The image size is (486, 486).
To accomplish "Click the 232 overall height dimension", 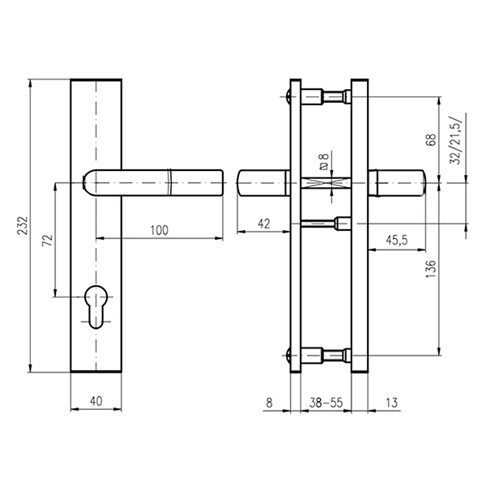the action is [24, 225].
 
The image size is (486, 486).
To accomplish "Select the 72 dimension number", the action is [48, 241].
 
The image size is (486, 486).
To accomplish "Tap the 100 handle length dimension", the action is [160, 230].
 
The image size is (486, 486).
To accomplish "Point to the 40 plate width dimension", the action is [96, 401].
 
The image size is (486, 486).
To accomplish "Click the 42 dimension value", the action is [264, 224].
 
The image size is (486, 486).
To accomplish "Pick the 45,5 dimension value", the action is [397, 240].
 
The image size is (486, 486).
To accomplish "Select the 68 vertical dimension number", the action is [431, 139].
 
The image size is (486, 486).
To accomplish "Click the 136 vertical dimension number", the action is [431, 268].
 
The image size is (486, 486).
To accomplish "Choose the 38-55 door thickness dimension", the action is [326, 403].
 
